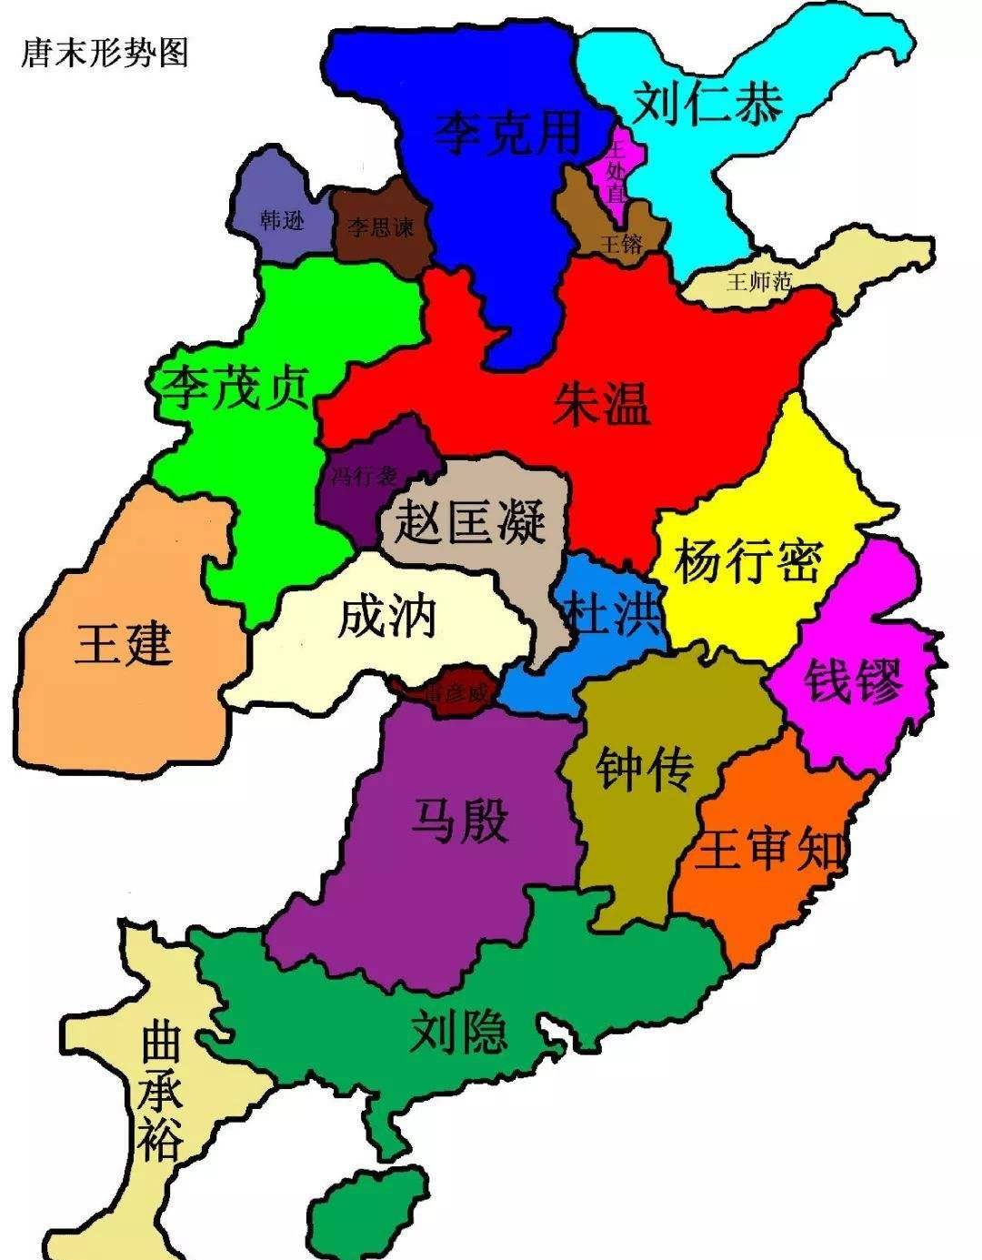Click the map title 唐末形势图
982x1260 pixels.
coord(105,52)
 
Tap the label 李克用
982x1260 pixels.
coord(506,133)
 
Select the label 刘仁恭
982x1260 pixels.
coord(707,102)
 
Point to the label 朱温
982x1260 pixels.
coord(602,403)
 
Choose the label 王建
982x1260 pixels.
coord(124,643)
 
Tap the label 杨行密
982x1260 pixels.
coord(747,560)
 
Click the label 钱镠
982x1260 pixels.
coord(854,680)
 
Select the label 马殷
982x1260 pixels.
coord(460,820)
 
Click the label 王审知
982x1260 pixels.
coord(770,849)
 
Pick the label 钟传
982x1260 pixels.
coord(644,769)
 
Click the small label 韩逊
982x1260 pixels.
coord(282,219)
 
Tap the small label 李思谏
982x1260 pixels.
coord(380,226)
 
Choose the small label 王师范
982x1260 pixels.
coord(758,281)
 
